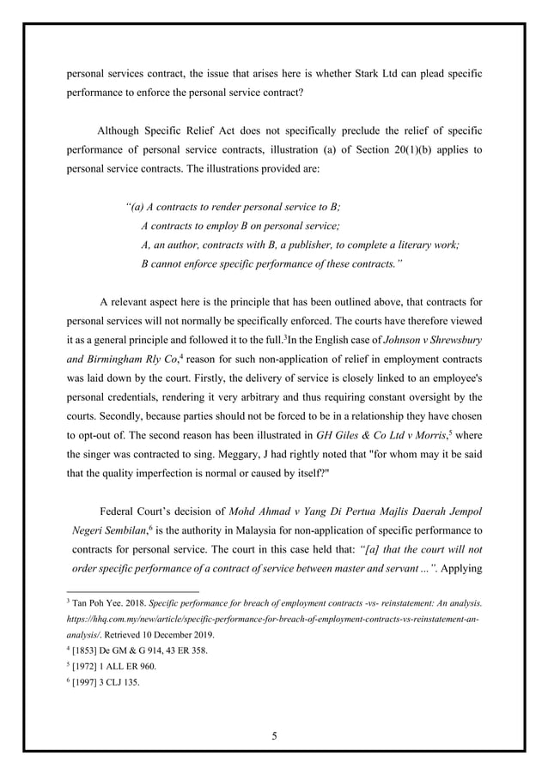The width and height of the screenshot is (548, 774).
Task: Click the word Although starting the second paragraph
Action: click(x=125, y=130)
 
